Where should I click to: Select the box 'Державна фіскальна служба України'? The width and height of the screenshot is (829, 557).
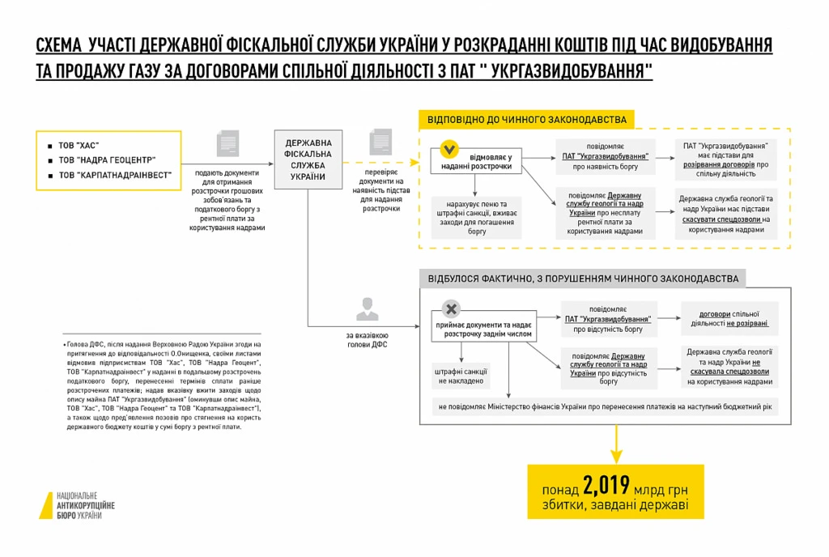click(x=308, y=159)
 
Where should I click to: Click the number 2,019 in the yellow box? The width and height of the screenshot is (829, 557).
click(x=606, y=486)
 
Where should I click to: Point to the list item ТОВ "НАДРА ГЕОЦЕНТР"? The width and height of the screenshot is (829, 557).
click(x=106, y=160)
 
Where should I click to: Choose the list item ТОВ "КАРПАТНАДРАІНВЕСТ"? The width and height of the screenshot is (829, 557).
click(x=114, y=175)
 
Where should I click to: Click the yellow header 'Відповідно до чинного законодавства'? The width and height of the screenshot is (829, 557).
click(x=527, y=119)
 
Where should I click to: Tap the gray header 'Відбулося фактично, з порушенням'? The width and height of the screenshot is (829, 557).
click(x=583, y=278)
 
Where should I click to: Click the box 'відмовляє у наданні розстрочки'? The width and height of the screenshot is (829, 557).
click(x=477, y=160)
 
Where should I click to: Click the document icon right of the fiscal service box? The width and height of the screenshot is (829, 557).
click(x=380, y=142)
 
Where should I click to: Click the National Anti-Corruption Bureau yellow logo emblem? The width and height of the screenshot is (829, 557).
click(x=47, y=505)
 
